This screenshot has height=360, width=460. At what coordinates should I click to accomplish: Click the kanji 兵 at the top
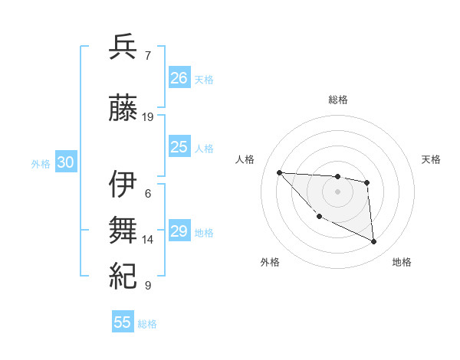pyautogui.click(x=123, y=47)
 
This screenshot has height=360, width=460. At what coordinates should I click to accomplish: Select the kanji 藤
pyautogui.click(x=123, y=108)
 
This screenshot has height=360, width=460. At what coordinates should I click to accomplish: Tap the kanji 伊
pyautogui.click(x=123, y=185)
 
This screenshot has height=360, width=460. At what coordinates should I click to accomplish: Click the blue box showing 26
pyautogui.click(x=179, y=78)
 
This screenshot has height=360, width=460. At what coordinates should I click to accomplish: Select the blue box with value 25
pyautogui.click(x=179, y=148)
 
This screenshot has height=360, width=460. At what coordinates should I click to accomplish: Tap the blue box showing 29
pyautogui.click(x=179, y=231)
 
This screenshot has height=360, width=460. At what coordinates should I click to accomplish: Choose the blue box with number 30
pyautogui.click(x=65, y=163)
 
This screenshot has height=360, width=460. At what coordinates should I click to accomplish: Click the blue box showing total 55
pyautogui.click(x=123, y=322)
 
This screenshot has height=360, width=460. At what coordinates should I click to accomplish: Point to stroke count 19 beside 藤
pyautogui.click(x=148, y=117)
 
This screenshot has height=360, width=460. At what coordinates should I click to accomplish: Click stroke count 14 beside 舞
pyautogui.click(x=148, y=240)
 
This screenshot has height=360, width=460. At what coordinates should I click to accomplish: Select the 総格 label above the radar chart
pyautogui.click(x=338, y=100)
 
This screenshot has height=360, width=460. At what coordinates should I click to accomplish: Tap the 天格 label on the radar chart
pyautogui.click(x=431, y=159)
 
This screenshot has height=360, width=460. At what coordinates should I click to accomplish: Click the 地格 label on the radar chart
pyautogui.click(x=402, y=262)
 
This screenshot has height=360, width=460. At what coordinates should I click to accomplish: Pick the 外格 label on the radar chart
pyautogui.click(x=270, y=262)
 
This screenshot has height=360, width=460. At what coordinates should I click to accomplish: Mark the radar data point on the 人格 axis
pyautogui.click(x=279, y=172)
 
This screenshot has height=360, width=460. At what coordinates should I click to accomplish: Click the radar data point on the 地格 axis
pyautogui.click(x=374, y=242)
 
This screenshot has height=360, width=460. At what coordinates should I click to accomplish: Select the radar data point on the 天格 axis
pyautogui.click(x=367, y=182)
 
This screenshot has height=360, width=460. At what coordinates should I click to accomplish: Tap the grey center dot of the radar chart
pyautogui.click(x=337, y=191)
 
